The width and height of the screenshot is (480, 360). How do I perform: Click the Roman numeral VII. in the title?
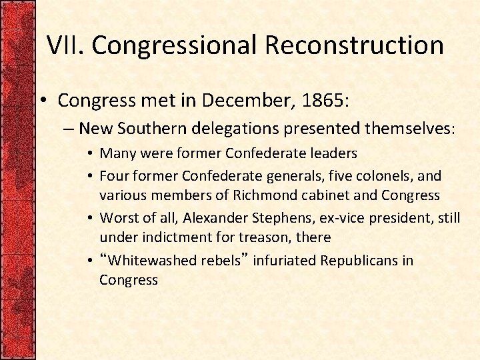click(65, 45)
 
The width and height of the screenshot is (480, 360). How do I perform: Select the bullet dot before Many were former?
click(89, 154)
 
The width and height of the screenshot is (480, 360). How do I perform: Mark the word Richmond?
click(262, 195)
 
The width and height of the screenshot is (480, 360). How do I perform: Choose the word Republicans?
click(359, 260)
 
